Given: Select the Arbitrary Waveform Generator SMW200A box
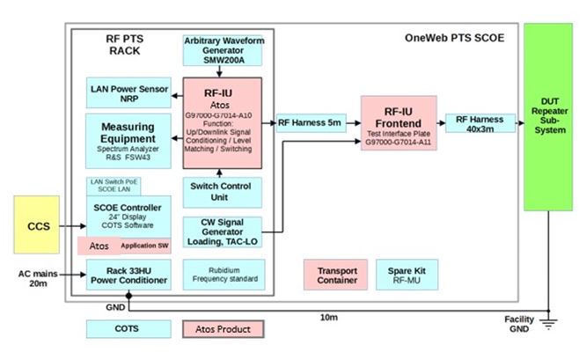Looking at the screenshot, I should click(222, 50).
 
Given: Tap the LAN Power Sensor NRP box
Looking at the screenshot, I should click(130, 92).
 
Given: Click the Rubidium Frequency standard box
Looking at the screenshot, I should click(222, 273).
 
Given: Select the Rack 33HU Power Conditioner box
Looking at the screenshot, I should click(130, 275).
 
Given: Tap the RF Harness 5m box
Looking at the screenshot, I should click(310, 123).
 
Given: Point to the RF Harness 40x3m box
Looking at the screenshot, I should click(479, 123).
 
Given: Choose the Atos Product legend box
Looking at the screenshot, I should click(223, 329).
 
